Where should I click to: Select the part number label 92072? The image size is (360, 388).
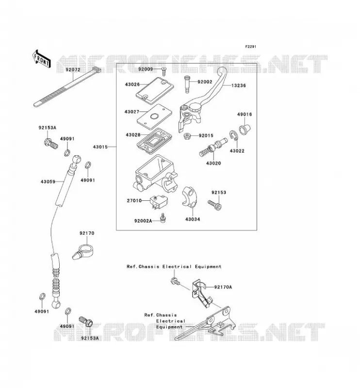73,70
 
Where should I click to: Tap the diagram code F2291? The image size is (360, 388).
250,47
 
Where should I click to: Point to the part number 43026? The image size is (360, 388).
132,84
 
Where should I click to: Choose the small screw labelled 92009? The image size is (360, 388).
164,72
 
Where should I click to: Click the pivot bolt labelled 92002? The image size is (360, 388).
187,84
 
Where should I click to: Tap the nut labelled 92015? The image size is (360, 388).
187,136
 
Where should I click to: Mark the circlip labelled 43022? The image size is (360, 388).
233,136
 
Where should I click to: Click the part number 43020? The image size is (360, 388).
213,163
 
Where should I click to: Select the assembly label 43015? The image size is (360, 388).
100,147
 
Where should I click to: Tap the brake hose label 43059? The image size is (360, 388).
48,182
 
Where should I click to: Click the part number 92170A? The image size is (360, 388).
223,287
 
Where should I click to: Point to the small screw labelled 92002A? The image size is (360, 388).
163,218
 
